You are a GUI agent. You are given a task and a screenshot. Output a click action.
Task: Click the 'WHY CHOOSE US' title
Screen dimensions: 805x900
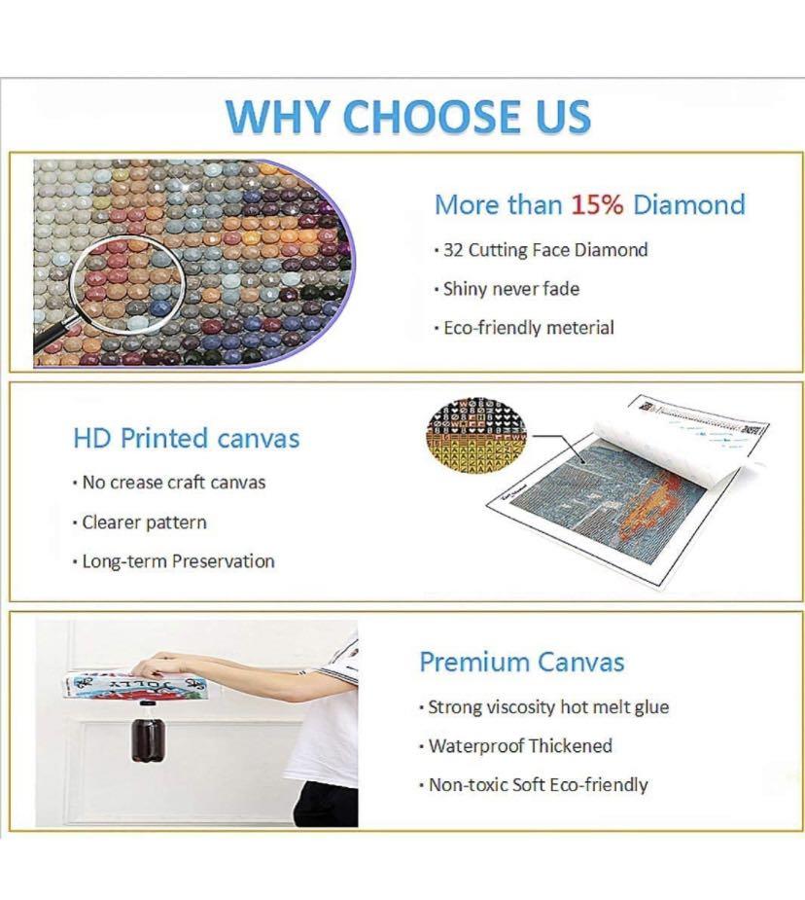tap(408, 117)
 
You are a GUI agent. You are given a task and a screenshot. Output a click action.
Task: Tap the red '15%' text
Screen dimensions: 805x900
tap(597, 204)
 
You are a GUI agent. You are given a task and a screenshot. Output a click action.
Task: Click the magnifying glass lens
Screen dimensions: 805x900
tap(126, 283)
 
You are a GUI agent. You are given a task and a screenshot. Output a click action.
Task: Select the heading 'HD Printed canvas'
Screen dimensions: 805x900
tap(187, 439)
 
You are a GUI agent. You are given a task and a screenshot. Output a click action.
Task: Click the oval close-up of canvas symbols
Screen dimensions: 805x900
tap(477, 433)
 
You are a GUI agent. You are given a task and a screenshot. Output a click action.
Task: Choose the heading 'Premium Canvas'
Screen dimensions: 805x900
tap(522, 662)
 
